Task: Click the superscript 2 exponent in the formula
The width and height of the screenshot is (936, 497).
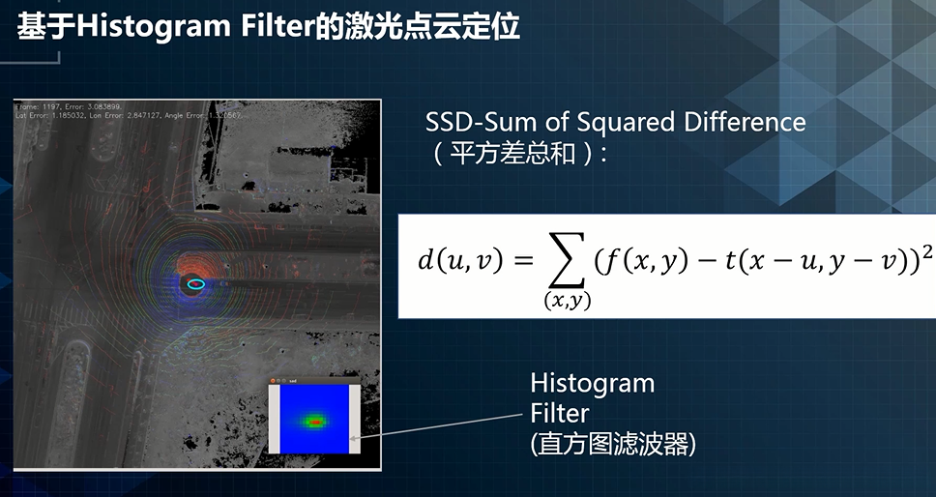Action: coord(926,248)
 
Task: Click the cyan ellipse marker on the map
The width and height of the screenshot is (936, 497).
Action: coord(196,283)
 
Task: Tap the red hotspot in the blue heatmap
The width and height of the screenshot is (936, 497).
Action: coord(314,422)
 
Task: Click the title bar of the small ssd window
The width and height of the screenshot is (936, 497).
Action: coord(314,382)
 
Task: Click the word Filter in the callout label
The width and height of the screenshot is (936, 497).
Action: coord(559,413)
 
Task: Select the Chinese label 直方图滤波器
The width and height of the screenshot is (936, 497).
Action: coord(613,444)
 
